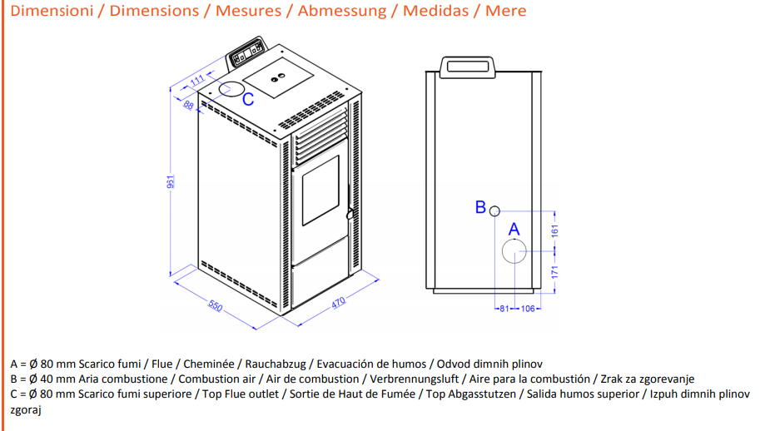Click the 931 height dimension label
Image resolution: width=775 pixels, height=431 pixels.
pyautogui.click(x=171, y=181)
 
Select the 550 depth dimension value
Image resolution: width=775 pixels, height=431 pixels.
pyautogui.click(x=216, y=306)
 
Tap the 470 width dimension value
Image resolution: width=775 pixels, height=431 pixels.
pyautogui.click(x=338, y=303)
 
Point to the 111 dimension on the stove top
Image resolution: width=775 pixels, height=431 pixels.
pyautogui.click(x=197, y=80)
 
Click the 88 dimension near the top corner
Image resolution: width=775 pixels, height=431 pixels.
pyautogui.click(x=188, y=105)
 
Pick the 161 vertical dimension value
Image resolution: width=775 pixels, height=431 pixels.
pyautogui.click(x=554, y=230)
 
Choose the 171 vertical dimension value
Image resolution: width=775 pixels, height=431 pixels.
pyautogui.click(x=554, y=272)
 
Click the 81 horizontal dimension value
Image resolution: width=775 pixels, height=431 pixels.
pyautogui.click(x=504, y=309)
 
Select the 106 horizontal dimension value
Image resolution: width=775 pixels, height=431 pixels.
pyautogui.click(x=528, y=309)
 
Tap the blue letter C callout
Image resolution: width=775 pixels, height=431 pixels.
pyautogui.click(x=248, y=99)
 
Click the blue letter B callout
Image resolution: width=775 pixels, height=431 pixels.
pyautogui.click(x=480, y=207)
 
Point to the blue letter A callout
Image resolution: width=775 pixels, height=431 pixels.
pyautogui.click(x=514, y=230)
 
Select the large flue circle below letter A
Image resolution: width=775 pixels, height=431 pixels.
pyautogui.click(x=514, y=239)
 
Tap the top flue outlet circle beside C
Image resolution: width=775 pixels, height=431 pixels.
pyautogui.click(x=231, y=82)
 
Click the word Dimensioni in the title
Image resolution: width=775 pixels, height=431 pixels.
pyautogui.click(x=52, y=11)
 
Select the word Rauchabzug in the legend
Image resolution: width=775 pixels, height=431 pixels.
pyautogui.click(x=276, y=364)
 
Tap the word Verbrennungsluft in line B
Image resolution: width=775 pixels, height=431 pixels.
pyautogui.click(x=415, y=379)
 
